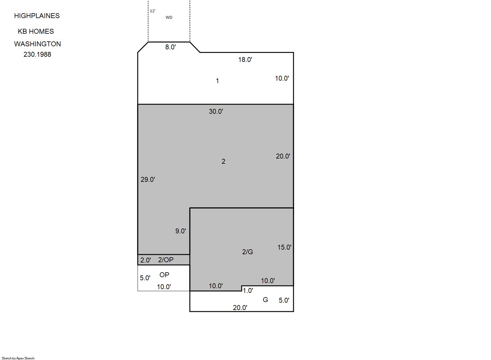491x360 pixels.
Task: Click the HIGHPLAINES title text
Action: [x=37, y=16]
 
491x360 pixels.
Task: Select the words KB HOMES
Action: [x=36, y=32]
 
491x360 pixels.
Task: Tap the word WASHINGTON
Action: [x=37, y=44]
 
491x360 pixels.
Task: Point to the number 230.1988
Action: [x=37, y=54]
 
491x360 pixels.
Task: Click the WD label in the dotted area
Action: [x=169, y=17]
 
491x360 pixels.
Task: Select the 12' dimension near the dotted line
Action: [x=152, y=11]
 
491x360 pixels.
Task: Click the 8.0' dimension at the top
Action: [x=170, y=47]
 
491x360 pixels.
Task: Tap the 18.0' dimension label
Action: [x=245, y=59]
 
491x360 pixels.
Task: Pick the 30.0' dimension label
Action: [x=216, y=112]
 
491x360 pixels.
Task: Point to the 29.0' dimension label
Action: [x=148, y=180]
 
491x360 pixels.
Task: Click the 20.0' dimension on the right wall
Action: [x=283, y=156]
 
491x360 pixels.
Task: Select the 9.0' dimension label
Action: [x=180, y=231]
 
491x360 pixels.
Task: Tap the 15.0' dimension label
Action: [x=284, y=247]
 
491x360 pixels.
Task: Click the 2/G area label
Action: [x=247, y=252]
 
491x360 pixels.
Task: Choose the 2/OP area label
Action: [x=166, y=260]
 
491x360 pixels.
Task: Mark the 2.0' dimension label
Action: [x=146, y=260]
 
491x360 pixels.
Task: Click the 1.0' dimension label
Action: [x=248, y=291]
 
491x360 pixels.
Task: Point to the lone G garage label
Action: [x=265, y=300]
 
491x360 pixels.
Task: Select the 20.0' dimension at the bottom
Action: [x=240, y=308]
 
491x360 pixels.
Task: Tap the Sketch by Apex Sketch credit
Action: [x=18, y=358]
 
